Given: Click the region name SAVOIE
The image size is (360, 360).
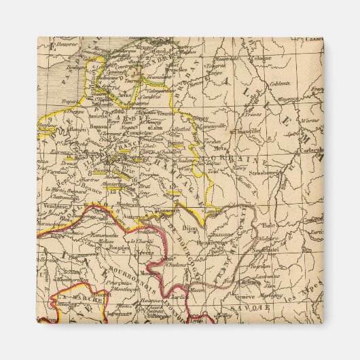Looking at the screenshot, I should coord(252,306).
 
